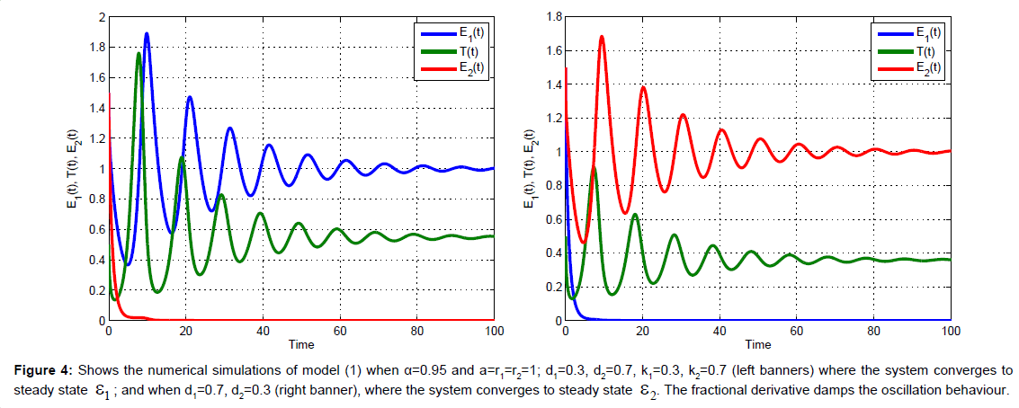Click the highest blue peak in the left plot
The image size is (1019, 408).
147,34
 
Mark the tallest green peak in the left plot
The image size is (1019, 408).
139,54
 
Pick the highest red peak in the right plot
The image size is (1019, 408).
602,37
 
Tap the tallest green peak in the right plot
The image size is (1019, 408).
594,168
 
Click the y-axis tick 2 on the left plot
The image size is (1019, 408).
102,17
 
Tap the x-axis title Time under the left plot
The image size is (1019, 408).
300,344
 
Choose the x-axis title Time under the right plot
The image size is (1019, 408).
757,344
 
